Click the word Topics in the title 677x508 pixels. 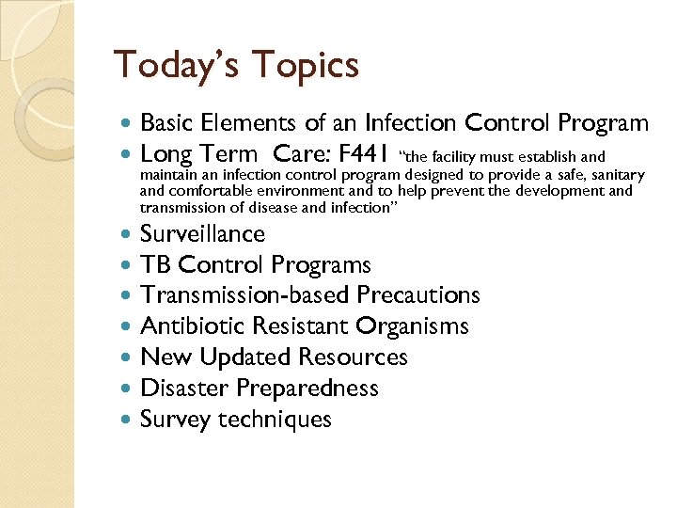click(x=304, y=66)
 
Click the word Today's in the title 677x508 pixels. click(x=173, y=66)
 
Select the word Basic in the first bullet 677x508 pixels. click(x=167, y=123)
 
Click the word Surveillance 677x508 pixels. click(x=202, y=234)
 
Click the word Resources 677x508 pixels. click(x=353, y=357)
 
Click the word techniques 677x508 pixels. click(x=275, y=420)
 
